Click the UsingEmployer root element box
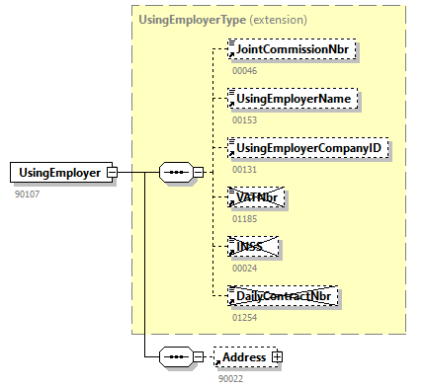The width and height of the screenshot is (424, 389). [58, 173]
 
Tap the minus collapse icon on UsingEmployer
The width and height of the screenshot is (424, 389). [113, 173]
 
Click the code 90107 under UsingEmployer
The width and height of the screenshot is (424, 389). [28, 194]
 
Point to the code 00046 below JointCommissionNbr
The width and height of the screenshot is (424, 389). [244, 71]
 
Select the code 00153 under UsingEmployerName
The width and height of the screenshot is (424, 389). [244, 120]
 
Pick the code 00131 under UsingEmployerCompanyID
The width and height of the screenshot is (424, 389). [244, 170]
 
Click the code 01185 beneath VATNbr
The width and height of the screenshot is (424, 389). [244, 219]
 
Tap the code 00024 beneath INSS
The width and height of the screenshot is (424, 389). [244, 269]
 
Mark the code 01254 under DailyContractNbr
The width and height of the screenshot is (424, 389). [244, 318]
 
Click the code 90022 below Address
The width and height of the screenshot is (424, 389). [231, 377]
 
